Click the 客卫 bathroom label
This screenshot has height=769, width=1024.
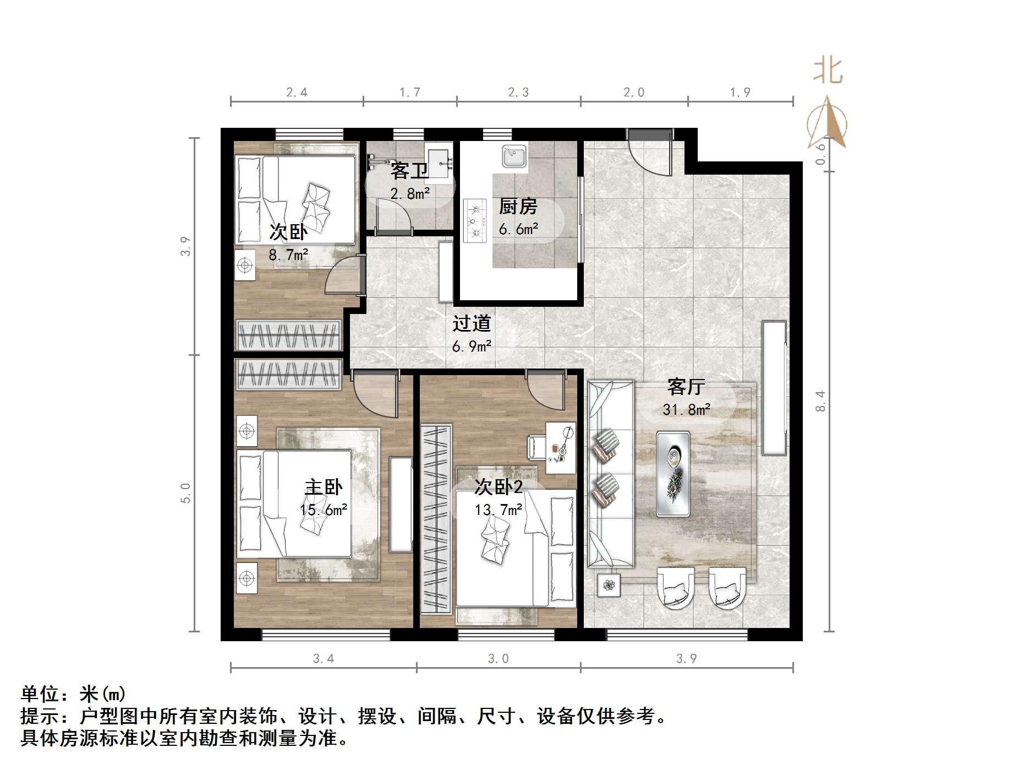click(409, 171)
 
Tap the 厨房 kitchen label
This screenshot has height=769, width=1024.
click(518, 207)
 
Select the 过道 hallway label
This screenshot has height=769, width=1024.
click(472, 323)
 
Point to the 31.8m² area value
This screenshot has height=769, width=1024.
click(686, 409)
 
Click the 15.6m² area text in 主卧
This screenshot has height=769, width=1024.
click(324, 510)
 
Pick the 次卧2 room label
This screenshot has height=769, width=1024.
click(499, 487)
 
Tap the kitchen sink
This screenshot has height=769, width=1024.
click(514, 156)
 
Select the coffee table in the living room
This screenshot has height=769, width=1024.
click(673, 474)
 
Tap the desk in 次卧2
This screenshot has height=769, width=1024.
click(561, 448)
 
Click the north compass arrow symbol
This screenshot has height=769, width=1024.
click(828, 124)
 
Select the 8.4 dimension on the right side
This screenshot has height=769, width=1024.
click(820, 401)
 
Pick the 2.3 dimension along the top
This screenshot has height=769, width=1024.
click(518, 93)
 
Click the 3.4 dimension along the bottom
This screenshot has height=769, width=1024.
click(323, 658)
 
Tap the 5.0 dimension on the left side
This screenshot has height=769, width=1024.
click(185, 492)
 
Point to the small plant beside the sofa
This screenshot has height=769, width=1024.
click(609, 585)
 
